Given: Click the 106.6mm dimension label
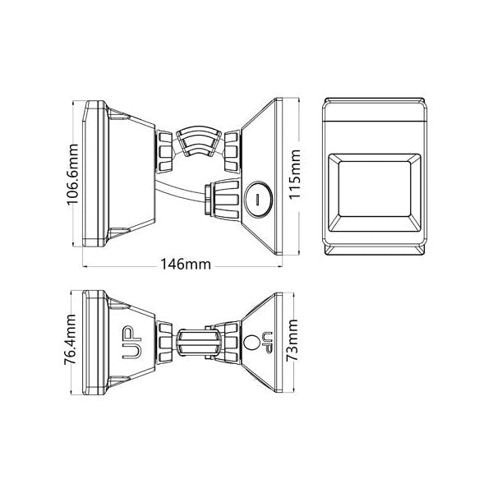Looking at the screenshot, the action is coord(73,174).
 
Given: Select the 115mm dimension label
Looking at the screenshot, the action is coord(294,174).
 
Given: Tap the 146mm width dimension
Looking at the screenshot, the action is coord(186,265).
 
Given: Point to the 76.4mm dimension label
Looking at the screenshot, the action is coord(70,339).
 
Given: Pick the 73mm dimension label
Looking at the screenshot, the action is coord(292,340).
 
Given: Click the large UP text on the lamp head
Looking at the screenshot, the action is coord(132,343).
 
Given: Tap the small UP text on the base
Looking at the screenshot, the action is coord(268,342).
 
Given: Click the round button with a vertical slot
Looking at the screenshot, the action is coord(258,199).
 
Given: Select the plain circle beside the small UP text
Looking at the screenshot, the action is coord(251,342).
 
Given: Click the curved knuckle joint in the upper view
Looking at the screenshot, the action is coord(198,141).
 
